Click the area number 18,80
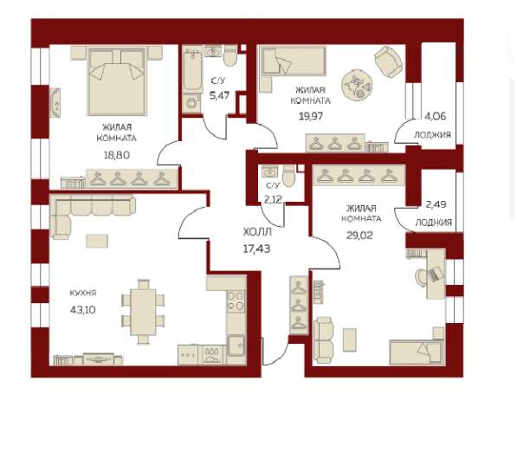point(117,155)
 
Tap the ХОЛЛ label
point(257,232)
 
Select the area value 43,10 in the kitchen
point(83,310)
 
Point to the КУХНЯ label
point(83,293)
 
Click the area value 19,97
point(311,116)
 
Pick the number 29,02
point(359,236)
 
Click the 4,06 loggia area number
point(436,116)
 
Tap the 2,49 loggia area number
point(436,204)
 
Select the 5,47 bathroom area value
point(220,95)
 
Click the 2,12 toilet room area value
point(273,199)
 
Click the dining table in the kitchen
point(143,312)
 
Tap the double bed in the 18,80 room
point(117,81)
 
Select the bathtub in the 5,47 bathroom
point(192,71)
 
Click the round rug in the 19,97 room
point(357,85)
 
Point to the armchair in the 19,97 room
point(389,62)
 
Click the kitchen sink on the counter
point(236,346)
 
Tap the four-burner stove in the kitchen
point(236,301)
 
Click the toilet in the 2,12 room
point(289,176)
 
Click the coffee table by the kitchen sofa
point(97,241)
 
